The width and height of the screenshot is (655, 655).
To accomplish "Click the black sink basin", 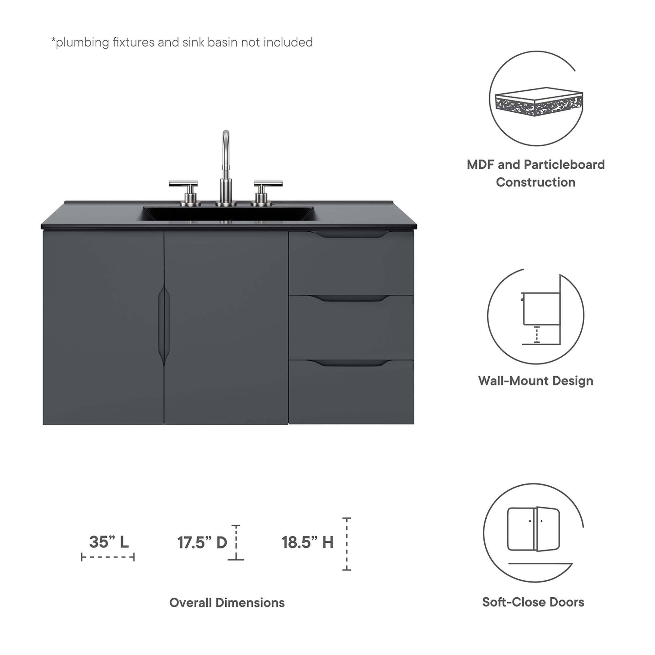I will click(x=227, y=214).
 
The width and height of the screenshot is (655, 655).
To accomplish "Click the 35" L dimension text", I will click(x=109, y=542).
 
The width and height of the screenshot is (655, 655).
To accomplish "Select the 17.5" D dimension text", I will click(x=202, y=543).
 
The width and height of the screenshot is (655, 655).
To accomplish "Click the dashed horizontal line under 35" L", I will click(x=108, y=557).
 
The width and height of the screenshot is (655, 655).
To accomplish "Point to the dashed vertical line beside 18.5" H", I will click(x=346, y=544).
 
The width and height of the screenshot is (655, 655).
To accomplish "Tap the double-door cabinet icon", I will click(x=533, y=534).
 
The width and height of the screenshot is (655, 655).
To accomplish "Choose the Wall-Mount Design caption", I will click(x=536, y=381).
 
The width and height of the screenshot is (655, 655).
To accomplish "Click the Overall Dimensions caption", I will click(x=227, y=603).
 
